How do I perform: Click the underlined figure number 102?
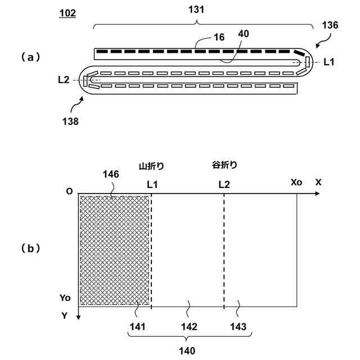[67, 12]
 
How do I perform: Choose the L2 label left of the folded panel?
[64, 80]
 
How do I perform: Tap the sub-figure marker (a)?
[31, 56]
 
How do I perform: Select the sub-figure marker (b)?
[31, 247]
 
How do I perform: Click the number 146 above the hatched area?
[110, 174]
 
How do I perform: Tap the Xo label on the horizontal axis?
[296, 183]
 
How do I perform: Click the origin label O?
[69, 191]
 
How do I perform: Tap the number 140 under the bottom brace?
[187, 351]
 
